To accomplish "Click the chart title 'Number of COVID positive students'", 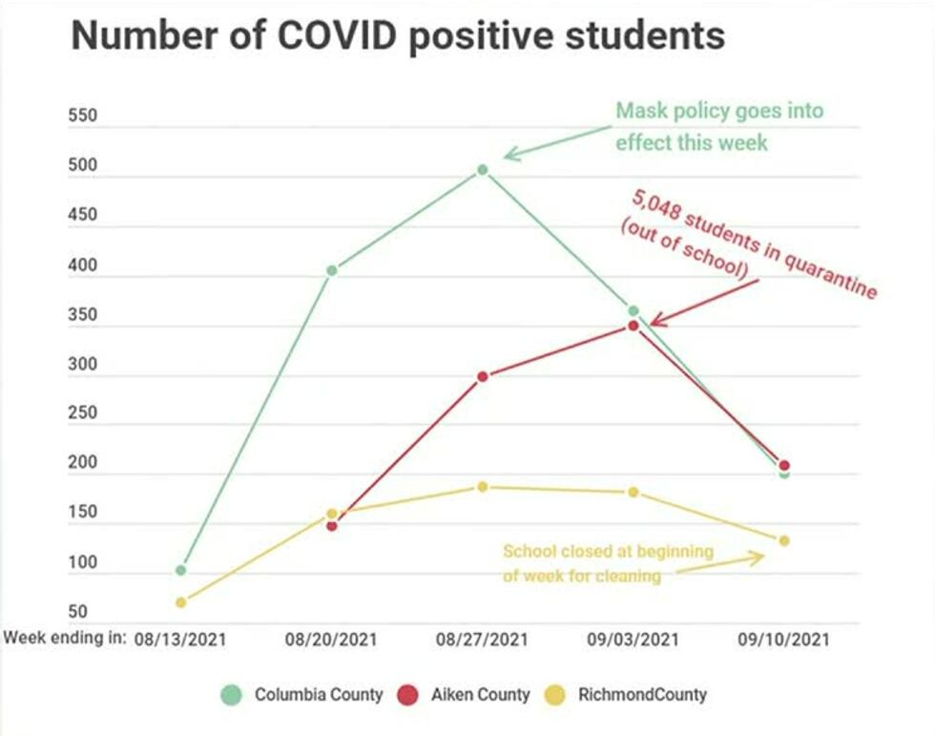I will [x=398, y=36].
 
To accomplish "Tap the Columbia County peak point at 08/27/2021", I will [x=483, y=170].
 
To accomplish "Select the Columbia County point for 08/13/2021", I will [x=180, y=570].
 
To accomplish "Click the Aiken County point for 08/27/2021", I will [x=483, y=376].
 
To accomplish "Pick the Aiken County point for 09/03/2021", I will [x=633, y=326].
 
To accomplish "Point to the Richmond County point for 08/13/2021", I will [x=180, y=602].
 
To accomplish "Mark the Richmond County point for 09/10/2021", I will [x=784, y=541].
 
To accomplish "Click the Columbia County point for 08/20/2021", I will [x=332, y=271].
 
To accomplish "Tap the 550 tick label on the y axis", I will [x=84, y=117].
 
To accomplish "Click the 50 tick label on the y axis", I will [x=78, y=612].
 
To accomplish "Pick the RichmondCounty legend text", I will [x=642, y=695].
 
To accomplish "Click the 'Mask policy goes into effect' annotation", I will [x=718, y=126].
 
